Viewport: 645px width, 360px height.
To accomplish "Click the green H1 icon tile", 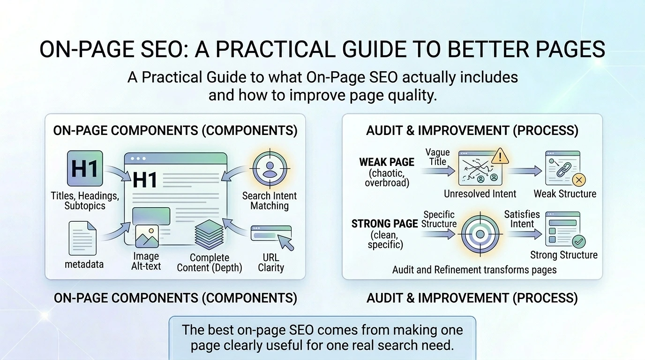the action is [x=85, y=168].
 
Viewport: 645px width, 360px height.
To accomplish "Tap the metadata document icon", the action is [x=82, y=238].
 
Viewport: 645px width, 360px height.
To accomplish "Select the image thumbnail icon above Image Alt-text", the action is [x=147, y=236].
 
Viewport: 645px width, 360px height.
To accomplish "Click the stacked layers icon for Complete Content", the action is [x=209, y=234].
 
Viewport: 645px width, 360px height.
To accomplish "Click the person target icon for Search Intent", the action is [x=270, y=168].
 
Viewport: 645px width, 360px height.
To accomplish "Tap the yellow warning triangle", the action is [x=500, y=157].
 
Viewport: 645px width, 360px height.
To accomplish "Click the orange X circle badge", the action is [x=579, y=180].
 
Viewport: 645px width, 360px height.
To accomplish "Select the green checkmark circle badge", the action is [x=579, y=241].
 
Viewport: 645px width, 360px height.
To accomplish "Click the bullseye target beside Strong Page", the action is [x=480, y=234].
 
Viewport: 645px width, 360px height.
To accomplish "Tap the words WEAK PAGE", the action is [x=387, y=162].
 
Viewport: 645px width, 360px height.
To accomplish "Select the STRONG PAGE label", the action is [x=385, y=224].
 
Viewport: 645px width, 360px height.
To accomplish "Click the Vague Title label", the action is [x=438, y=157].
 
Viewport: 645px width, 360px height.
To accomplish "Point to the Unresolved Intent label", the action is [x=480, y=194].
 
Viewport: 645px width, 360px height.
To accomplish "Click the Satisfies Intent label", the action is [x=522, y=219].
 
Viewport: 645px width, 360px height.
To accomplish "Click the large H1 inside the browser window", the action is [x=145, y=180].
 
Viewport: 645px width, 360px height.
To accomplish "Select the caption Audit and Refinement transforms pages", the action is [x=474, y=270].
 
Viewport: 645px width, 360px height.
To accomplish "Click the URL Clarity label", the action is [x=271, y=262].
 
